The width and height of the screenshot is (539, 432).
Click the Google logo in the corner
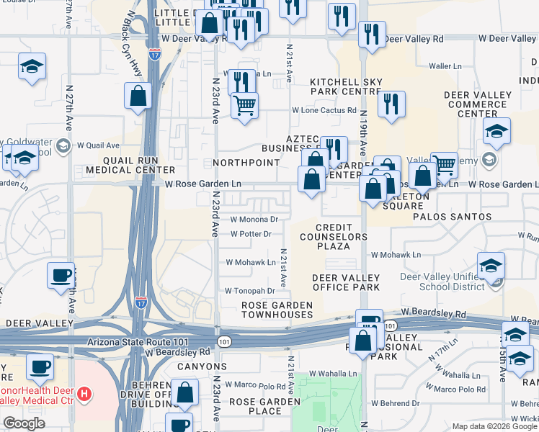point(24,423)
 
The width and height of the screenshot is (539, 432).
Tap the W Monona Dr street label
point(254,220)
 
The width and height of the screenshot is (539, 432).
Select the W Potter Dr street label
point(250,234)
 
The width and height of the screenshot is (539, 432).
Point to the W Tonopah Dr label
point(250,291)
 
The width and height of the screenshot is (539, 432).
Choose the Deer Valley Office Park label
point(345,282)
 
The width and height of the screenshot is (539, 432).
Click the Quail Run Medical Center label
point(130,165)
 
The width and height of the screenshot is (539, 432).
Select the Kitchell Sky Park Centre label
point(345,86)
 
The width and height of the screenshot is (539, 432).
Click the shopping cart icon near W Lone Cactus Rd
point(244,105)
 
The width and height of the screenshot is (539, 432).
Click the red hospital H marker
point(85,394)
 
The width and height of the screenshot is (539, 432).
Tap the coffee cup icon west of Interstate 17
point(61,275)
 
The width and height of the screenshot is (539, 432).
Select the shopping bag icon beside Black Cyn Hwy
point(138,96)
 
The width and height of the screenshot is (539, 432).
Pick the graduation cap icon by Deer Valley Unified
point(491,266)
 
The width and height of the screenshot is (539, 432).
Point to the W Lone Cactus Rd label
point(324,110)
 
